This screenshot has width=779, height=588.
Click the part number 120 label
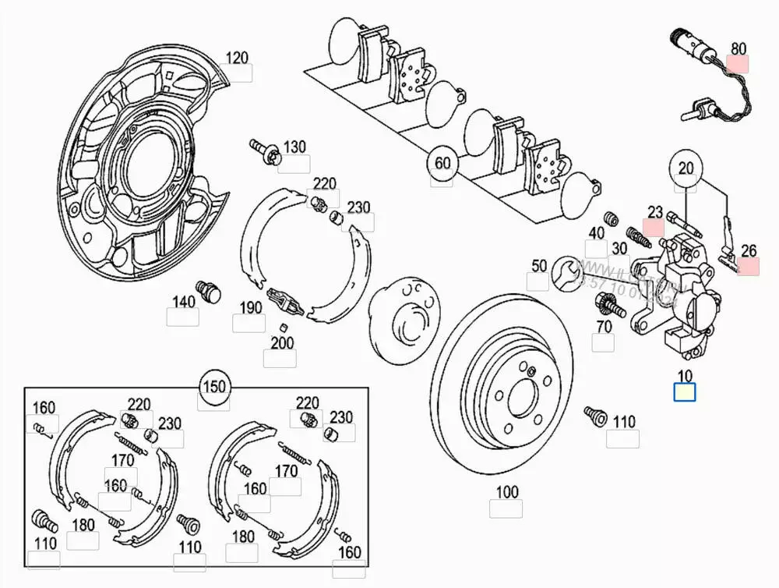[x=237, y=57]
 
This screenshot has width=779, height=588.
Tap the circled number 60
[x=442, y=163]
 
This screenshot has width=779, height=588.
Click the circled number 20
[x=686, y=168]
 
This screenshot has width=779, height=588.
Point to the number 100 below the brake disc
[x=506, y=492]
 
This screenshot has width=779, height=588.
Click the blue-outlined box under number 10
[x=685, y=392]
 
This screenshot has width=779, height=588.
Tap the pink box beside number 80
[x=738, y=64]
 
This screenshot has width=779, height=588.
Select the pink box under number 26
[x=749, y=267]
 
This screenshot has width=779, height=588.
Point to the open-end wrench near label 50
[x=566, y=274]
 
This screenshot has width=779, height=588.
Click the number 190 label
[x=250, y=307]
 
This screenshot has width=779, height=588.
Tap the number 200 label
[x=282, y=342]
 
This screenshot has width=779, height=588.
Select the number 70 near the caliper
[x=604, y=326]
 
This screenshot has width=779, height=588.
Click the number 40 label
[x=596, y=233]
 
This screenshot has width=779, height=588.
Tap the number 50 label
[x=539, y=266]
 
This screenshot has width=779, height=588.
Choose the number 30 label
[x=619, y=248]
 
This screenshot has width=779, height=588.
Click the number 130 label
[x=294, y=147]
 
